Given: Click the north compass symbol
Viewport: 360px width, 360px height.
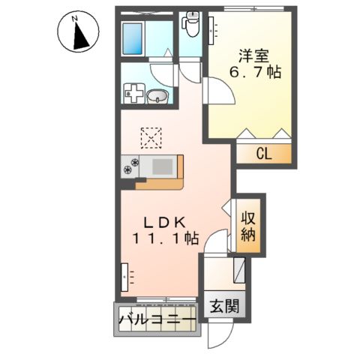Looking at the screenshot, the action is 78,32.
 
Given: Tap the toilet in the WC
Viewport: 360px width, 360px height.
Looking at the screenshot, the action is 192,24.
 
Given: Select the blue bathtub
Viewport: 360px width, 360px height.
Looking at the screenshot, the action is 133,38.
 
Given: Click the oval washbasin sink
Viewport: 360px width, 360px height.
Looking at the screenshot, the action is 157,96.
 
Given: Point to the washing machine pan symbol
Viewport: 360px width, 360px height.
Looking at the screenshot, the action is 134,93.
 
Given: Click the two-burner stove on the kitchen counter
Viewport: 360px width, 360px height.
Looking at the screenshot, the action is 130,166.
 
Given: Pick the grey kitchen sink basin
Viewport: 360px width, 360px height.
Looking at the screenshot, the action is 163,166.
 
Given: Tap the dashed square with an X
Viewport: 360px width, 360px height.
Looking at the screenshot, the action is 151,138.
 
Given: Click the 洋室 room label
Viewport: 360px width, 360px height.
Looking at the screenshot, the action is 253,56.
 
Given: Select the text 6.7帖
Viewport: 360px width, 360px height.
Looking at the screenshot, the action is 255,73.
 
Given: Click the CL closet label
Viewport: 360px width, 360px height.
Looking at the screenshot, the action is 264,154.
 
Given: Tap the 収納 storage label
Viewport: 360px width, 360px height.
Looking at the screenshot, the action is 248,226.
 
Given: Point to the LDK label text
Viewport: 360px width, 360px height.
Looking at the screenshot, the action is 164,222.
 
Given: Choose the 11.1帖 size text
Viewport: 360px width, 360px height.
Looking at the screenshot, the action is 166,238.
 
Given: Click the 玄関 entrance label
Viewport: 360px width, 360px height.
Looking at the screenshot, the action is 224,306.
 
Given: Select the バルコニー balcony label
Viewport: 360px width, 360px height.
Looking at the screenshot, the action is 157,319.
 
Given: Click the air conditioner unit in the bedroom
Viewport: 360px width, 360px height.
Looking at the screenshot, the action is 211,31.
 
